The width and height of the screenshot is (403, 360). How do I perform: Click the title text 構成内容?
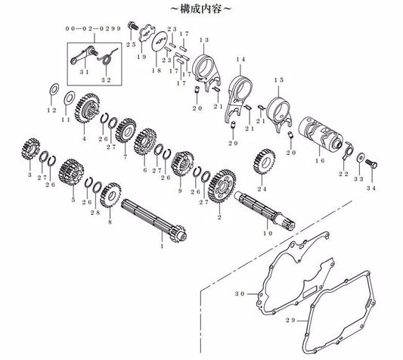coord(200,9)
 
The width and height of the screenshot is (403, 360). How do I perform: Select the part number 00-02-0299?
coord(93,29)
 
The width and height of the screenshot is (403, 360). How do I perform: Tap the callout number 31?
coord(84,72)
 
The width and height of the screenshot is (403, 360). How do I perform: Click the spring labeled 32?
coord(107,57)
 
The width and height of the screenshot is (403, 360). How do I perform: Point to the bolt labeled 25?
coord(132,26)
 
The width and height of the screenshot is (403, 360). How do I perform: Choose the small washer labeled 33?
coord(361,157)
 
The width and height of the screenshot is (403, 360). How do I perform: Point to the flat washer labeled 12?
coord(54,89)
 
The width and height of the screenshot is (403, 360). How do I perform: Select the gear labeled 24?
coord(264,161)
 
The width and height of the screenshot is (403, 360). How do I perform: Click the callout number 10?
coord(268,233)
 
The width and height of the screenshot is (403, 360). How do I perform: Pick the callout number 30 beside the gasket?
coord(240,293)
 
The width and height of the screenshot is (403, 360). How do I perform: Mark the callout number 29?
coord(290,321)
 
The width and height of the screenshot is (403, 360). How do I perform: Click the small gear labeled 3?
coord(30,150)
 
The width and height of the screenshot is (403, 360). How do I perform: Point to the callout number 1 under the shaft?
coord(162,246)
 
